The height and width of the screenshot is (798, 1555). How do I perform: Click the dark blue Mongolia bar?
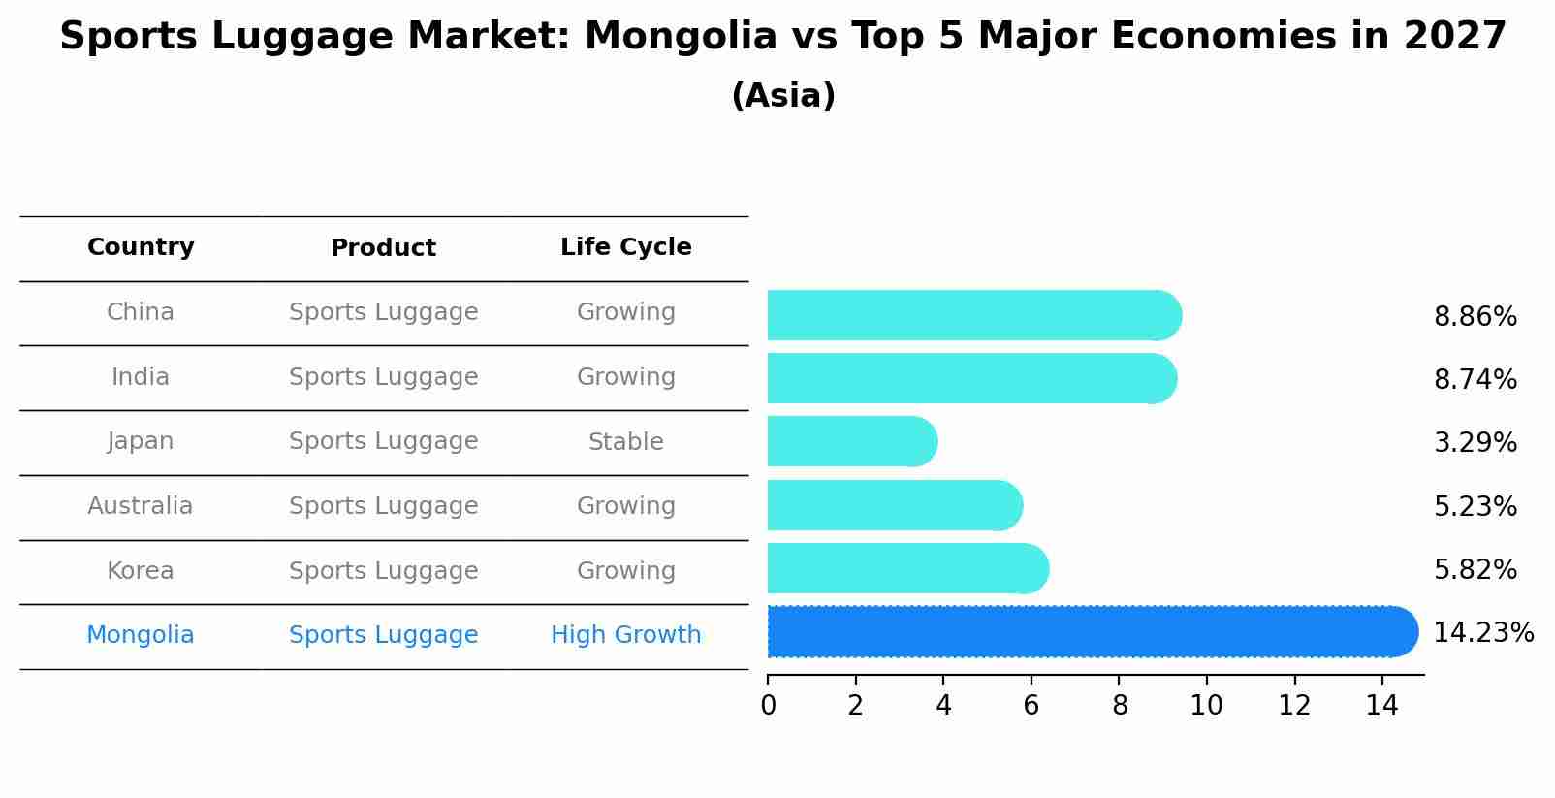pos(1086,632)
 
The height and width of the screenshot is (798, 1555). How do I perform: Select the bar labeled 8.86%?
pos(969,315)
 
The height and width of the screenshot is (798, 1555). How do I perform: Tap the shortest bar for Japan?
pos(848,441)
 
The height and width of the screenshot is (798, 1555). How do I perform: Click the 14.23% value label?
pos(1482,633)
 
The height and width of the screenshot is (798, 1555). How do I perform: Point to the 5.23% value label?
pos(1475,506)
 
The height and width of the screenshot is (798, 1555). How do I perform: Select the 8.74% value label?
pos(1475,379)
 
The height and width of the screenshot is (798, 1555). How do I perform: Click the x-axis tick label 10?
pos(1206,706)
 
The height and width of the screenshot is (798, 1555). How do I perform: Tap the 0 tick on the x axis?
pos(768,706)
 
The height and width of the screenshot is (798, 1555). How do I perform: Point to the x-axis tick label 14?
pos(1381,706)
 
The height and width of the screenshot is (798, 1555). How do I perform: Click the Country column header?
pos(141,247)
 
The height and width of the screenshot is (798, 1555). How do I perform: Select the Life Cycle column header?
pos(625,247)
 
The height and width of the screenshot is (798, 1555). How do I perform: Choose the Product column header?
pos(383,248)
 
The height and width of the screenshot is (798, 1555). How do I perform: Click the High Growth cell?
pos(625,635)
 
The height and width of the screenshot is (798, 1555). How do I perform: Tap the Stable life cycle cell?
pos(625,442)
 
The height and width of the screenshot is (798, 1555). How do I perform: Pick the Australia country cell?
pos(141,506)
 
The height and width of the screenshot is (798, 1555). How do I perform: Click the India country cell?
pos(141,377)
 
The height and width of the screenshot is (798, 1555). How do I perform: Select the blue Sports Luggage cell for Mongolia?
pos(383,635)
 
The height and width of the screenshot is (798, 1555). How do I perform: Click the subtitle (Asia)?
pos(783,96)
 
